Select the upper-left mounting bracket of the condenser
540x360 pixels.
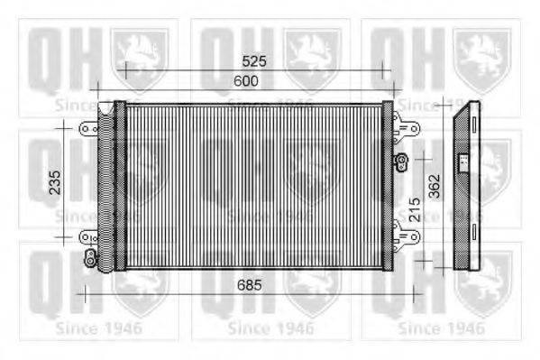tap(88, 126)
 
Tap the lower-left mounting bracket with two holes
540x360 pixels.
tap(88, 238)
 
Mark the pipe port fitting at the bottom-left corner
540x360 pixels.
tap(90, 259)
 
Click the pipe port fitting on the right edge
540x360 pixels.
tap(400, 162)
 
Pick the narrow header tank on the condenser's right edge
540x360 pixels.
tap(388, 186)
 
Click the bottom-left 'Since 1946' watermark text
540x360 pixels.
tap(98, 328)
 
